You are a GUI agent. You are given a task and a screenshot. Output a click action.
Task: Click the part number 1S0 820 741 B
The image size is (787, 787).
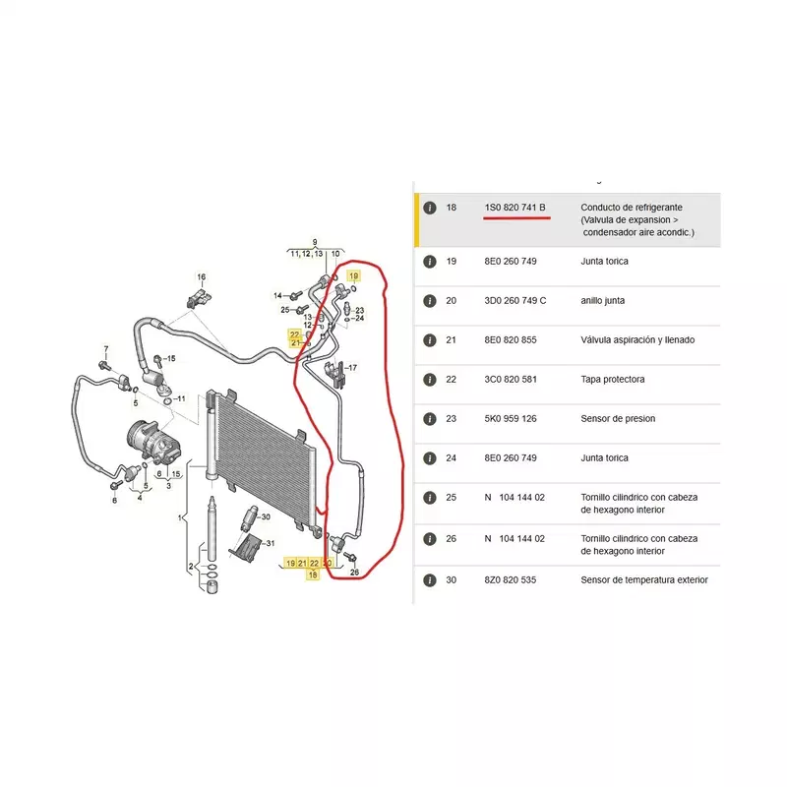tap(515, 208)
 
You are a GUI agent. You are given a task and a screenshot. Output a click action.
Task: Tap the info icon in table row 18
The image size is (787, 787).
tap(430, 208)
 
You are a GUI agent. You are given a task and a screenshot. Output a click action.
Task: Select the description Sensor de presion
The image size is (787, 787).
tap(618, 419)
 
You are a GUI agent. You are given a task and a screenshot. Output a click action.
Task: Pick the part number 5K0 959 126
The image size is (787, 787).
tap(511, 419)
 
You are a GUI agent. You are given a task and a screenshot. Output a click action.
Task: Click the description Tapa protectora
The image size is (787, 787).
tap(612, 380)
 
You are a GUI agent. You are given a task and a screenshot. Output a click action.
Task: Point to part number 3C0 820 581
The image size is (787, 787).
tap(511, 380)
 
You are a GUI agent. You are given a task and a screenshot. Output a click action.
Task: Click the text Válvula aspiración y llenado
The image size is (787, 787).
tap(637, 340)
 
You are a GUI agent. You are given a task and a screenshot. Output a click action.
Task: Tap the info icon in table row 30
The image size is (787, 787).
tap(430, 580)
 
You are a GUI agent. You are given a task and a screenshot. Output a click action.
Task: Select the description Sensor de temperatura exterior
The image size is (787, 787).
tap(644, 580)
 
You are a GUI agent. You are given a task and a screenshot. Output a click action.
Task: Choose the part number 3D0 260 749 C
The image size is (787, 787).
tap(515, 301)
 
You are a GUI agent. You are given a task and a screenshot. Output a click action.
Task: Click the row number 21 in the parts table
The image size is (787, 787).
tap(452, 340)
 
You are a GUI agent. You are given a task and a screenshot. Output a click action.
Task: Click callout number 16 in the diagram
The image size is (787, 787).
tap(202, 277)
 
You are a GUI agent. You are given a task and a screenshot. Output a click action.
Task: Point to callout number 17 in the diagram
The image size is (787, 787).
tap(352, 368)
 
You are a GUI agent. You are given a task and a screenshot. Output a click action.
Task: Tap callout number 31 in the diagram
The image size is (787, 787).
tap(271, 543)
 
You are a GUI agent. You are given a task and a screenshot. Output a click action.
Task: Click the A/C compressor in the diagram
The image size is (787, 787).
tap(153, 442)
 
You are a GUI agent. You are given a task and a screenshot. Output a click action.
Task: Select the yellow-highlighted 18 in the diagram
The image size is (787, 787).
tap(313, 575)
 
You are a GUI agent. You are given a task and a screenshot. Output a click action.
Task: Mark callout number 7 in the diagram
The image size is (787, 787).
tap(106, 349)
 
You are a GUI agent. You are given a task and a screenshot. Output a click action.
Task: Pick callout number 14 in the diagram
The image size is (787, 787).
tap(277, 296)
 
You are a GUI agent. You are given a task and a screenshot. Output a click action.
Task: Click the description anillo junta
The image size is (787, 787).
tap(603, 301)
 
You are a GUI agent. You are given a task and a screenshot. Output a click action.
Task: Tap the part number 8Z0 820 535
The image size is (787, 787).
tap(511, 580)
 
